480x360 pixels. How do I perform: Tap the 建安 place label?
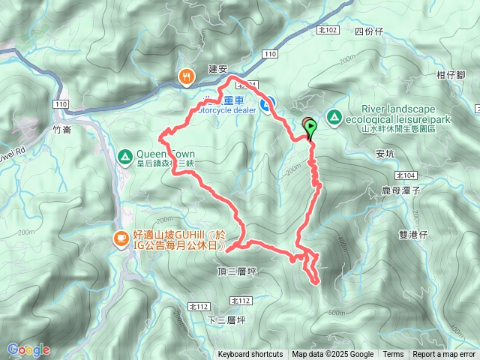coord(217,68)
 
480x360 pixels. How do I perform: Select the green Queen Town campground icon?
coord(124,156)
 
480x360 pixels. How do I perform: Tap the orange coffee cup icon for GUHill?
coord(120,238)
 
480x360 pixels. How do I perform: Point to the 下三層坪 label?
coord(226,320)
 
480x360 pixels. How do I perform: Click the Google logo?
coord(28,349)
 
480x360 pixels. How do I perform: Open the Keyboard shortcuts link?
coord(250,355)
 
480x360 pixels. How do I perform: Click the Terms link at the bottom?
coord(393,355)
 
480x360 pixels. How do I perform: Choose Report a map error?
coord(445,355)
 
